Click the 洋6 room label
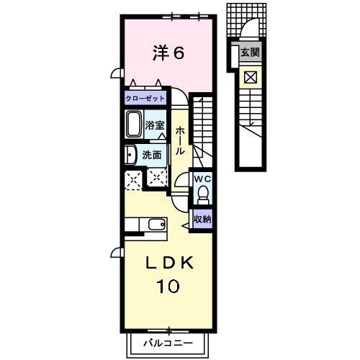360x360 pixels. coord(168,53)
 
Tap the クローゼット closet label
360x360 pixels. coord(145,99)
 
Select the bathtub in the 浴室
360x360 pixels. coord(134,124)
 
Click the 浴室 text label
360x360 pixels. coord(155,125)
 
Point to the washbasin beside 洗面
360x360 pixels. coord(130,155)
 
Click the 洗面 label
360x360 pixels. coord(152,156)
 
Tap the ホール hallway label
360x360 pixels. coord(181,140)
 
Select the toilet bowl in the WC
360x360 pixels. coord(203,194)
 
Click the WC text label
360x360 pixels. coord(202,179)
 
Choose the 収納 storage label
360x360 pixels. coord(203,219)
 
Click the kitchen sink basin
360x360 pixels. coord(157,225)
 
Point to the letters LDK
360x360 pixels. coord(169,263)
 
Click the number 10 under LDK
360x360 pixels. coord(168,286)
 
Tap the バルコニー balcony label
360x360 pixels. coord(168,343)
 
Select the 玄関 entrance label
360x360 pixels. coord(250,53)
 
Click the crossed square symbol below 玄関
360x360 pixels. coord(251,77)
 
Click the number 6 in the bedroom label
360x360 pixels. coord(179,53)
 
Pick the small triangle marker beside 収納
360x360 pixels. coord(186,225)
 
